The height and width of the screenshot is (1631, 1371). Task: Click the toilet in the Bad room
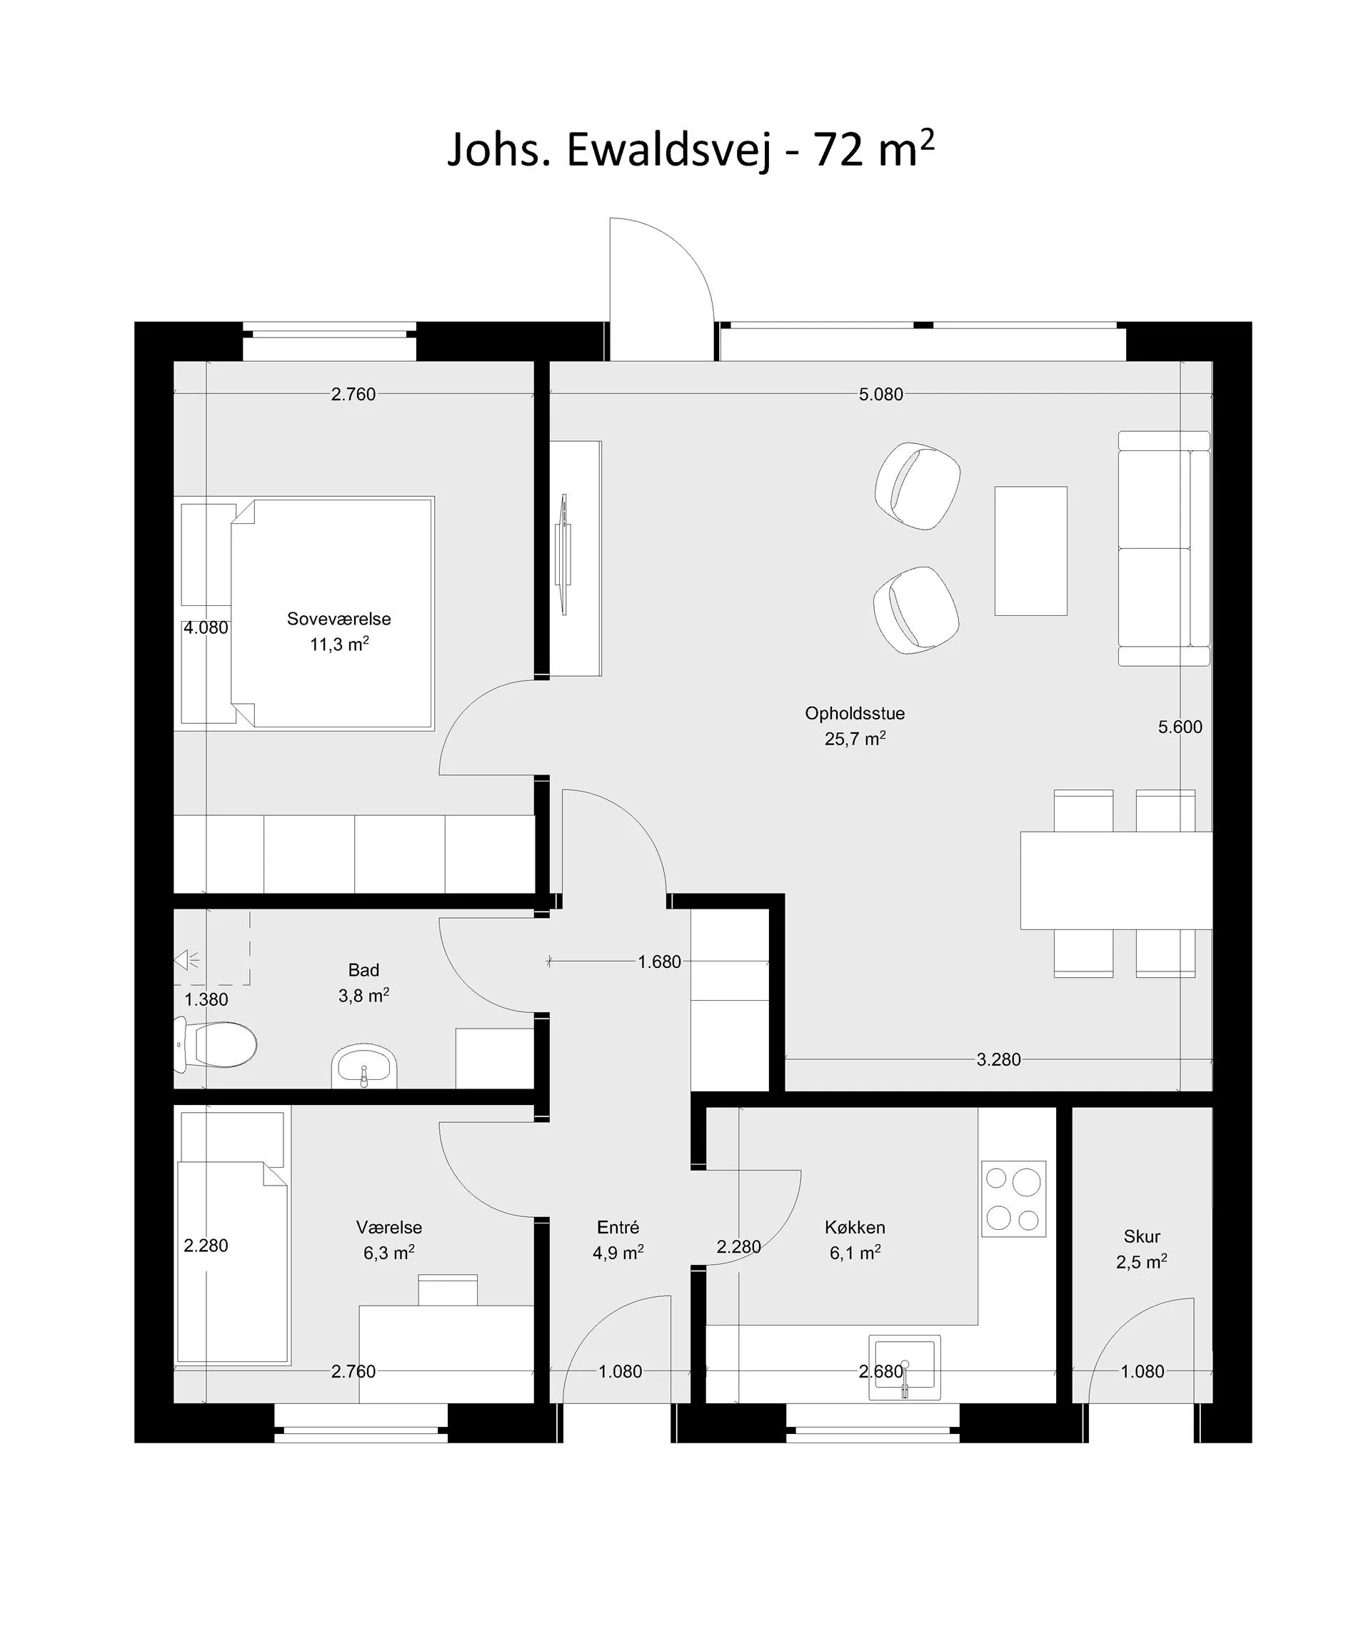coord(215,1044)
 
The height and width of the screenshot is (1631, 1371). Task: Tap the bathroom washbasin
coord(363,1066)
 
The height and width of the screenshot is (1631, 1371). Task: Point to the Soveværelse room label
coord(339,620)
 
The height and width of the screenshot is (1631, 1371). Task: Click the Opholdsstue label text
coord(855,713)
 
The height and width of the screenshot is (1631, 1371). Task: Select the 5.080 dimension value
coord(881,394)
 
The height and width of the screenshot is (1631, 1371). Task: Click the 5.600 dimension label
coord(1180,727)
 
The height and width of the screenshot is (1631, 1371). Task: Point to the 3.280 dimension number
coord(999,1059)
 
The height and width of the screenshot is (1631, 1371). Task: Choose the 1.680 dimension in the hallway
coord(659,961)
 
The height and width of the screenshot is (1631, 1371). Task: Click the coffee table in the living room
coord(1030,551)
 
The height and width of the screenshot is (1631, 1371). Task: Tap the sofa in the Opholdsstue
coord(1164,549)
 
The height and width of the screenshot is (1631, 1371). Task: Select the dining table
coord(1116,880)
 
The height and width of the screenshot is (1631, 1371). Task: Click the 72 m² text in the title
coord(873,149)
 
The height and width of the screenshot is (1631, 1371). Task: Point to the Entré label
coord(618,1227)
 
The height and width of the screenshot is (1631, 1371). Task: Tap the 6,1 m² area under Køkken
coord(855,1253)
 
